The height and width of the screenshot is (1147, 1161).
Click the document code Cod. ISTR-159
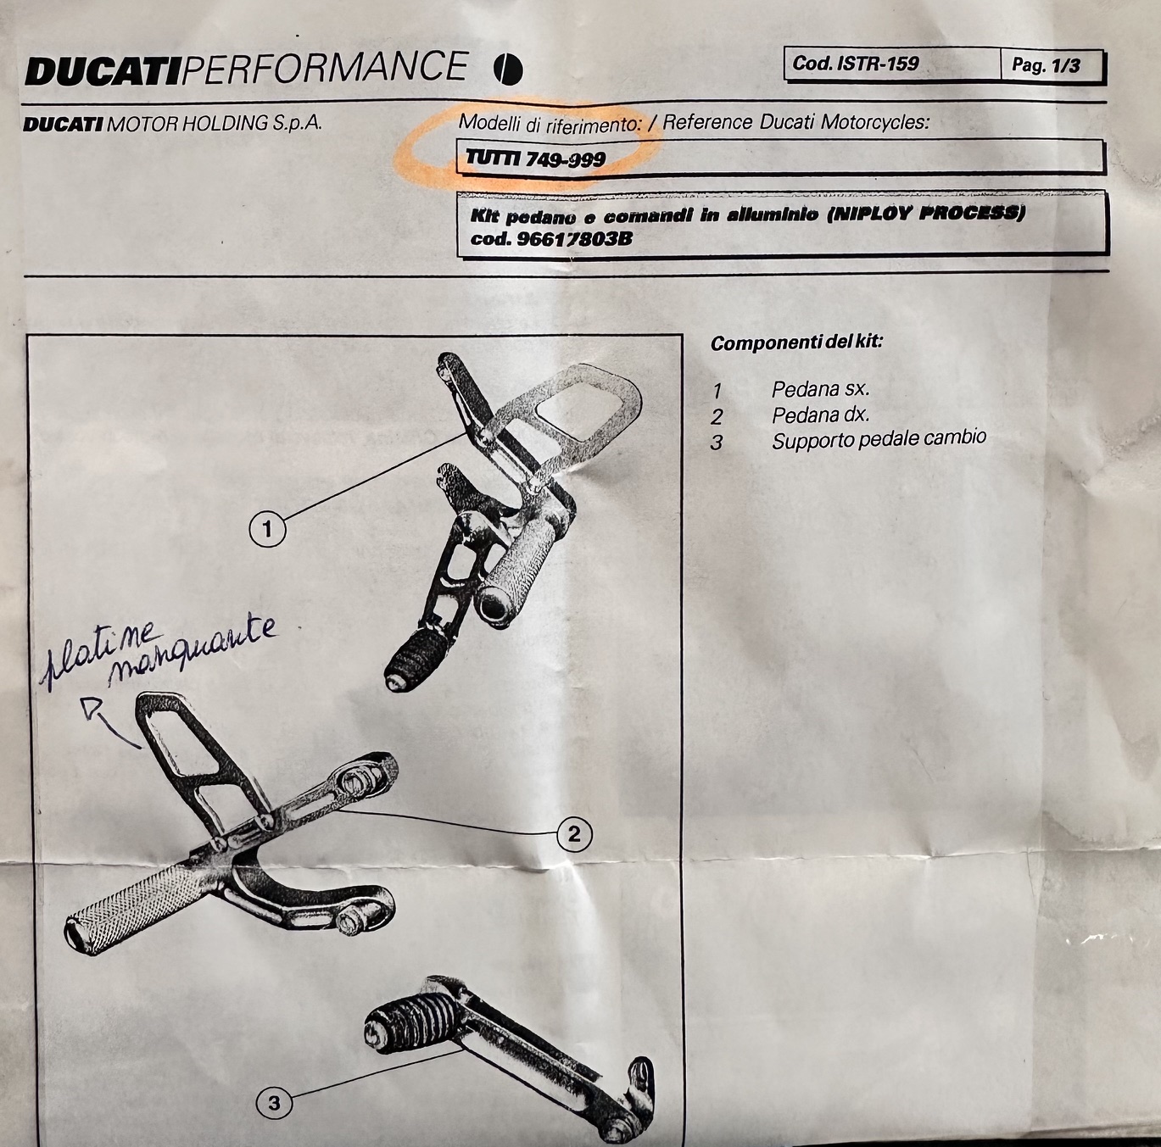(x=855, y=64)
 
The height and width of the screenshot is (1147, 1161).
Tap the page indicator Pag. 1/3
(x=1046, y=65)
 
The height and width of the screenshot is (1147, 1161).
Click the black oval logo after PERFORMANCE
(x=507, y=70)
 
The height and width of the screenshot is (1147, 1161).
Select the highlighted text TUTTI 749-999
(x=536, y=159)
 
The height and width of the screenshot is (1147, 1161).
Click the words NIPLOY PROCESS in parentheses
(x=924, y=214)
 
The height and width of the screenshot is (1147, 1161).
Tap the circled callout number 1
(x=267, y=530)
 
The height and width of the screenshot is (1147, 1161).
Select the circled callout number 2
(x=573, y=834)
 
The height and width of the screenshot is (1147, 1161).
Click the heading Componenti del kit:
(x=796, y=342)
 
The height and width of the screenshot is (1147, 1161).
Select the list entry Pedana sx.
(x=821, y=389)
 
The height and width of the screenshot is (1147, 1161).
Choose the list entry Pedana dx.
(x=821, y=415)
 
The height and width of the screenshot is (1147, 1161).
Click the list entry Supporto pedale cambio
(x=879, y=440)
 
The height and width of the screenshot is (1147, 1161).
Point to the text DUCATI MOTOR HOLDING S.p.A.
(x=173, y=124)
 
